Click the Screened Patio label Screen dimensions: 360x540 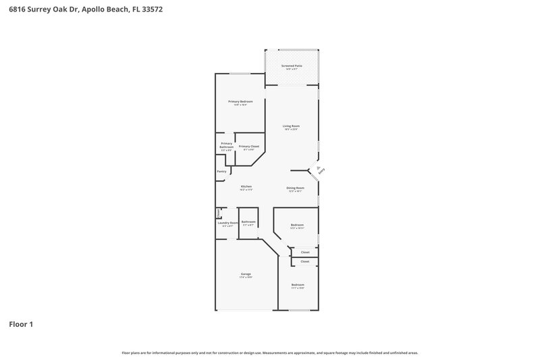tap(292, 66)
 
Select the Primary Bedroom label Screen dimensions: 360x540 tap(240, 102)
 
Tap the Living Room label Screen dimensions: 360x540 tap(291, 126)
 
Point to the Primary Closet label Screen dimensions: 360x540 tap(249, 147)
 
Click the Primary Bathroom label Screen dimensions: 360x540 tap(226, 145)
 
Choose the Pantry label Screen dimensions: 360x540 tap(221, 172)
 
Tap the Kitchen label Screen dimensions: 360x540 tap(246, 187)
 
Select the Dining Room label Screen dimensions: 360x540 tap(295, 188)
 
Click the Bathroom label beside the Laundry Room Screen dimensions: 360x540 tap(248, 222)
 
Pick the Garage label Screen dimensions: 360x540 tap(246, 274)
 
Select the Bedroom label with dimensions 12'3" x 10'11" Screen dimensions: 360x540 tap(297, 226)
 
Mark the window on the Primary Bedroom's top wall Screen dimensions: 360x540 tap(239, 74)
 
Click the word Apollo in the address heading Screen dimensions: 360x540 tap(92, 10)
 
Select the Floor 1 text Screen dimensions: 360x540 tap(21, 324)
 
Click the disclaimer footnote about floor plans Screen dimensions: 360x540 tap(269, 353)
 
